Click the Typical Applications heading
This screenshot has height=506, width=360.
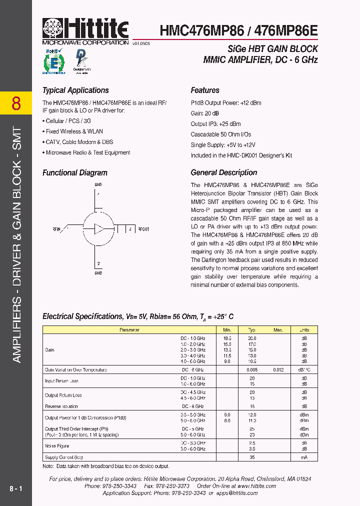click(75, 90)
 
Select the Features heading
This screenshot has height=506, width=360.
click(205, 90)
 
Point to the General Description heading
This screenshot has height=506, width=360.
click(223, 172)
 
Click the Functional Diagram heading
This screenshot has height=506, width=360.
click(75, 172)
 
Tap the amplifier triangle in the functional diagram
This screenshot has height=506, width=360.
click(99, 229)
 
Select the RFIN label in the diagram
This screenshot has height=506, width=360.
click(56, 229)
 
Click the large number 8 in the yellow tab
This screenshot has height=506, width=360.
click(16, 103)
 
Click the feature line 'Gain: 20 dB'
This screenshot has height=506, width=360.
click(204, 113)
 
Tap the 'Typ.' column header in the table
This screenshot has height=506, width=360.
click(252, 330)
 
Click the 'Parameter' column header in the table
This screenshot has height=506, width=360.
click(129, 330)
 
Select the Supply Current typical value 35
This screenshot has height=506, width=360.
click(252, 457)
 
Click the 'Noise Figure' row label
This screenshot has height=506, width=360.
click(57, 446)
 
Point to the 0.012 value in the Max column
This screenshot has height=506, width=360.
click(278, 370)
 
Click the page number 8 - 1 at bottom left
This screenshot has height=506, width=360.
click(15, 487)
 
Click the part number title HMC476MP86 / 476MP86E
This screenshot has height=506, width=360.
click(238, 31)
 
